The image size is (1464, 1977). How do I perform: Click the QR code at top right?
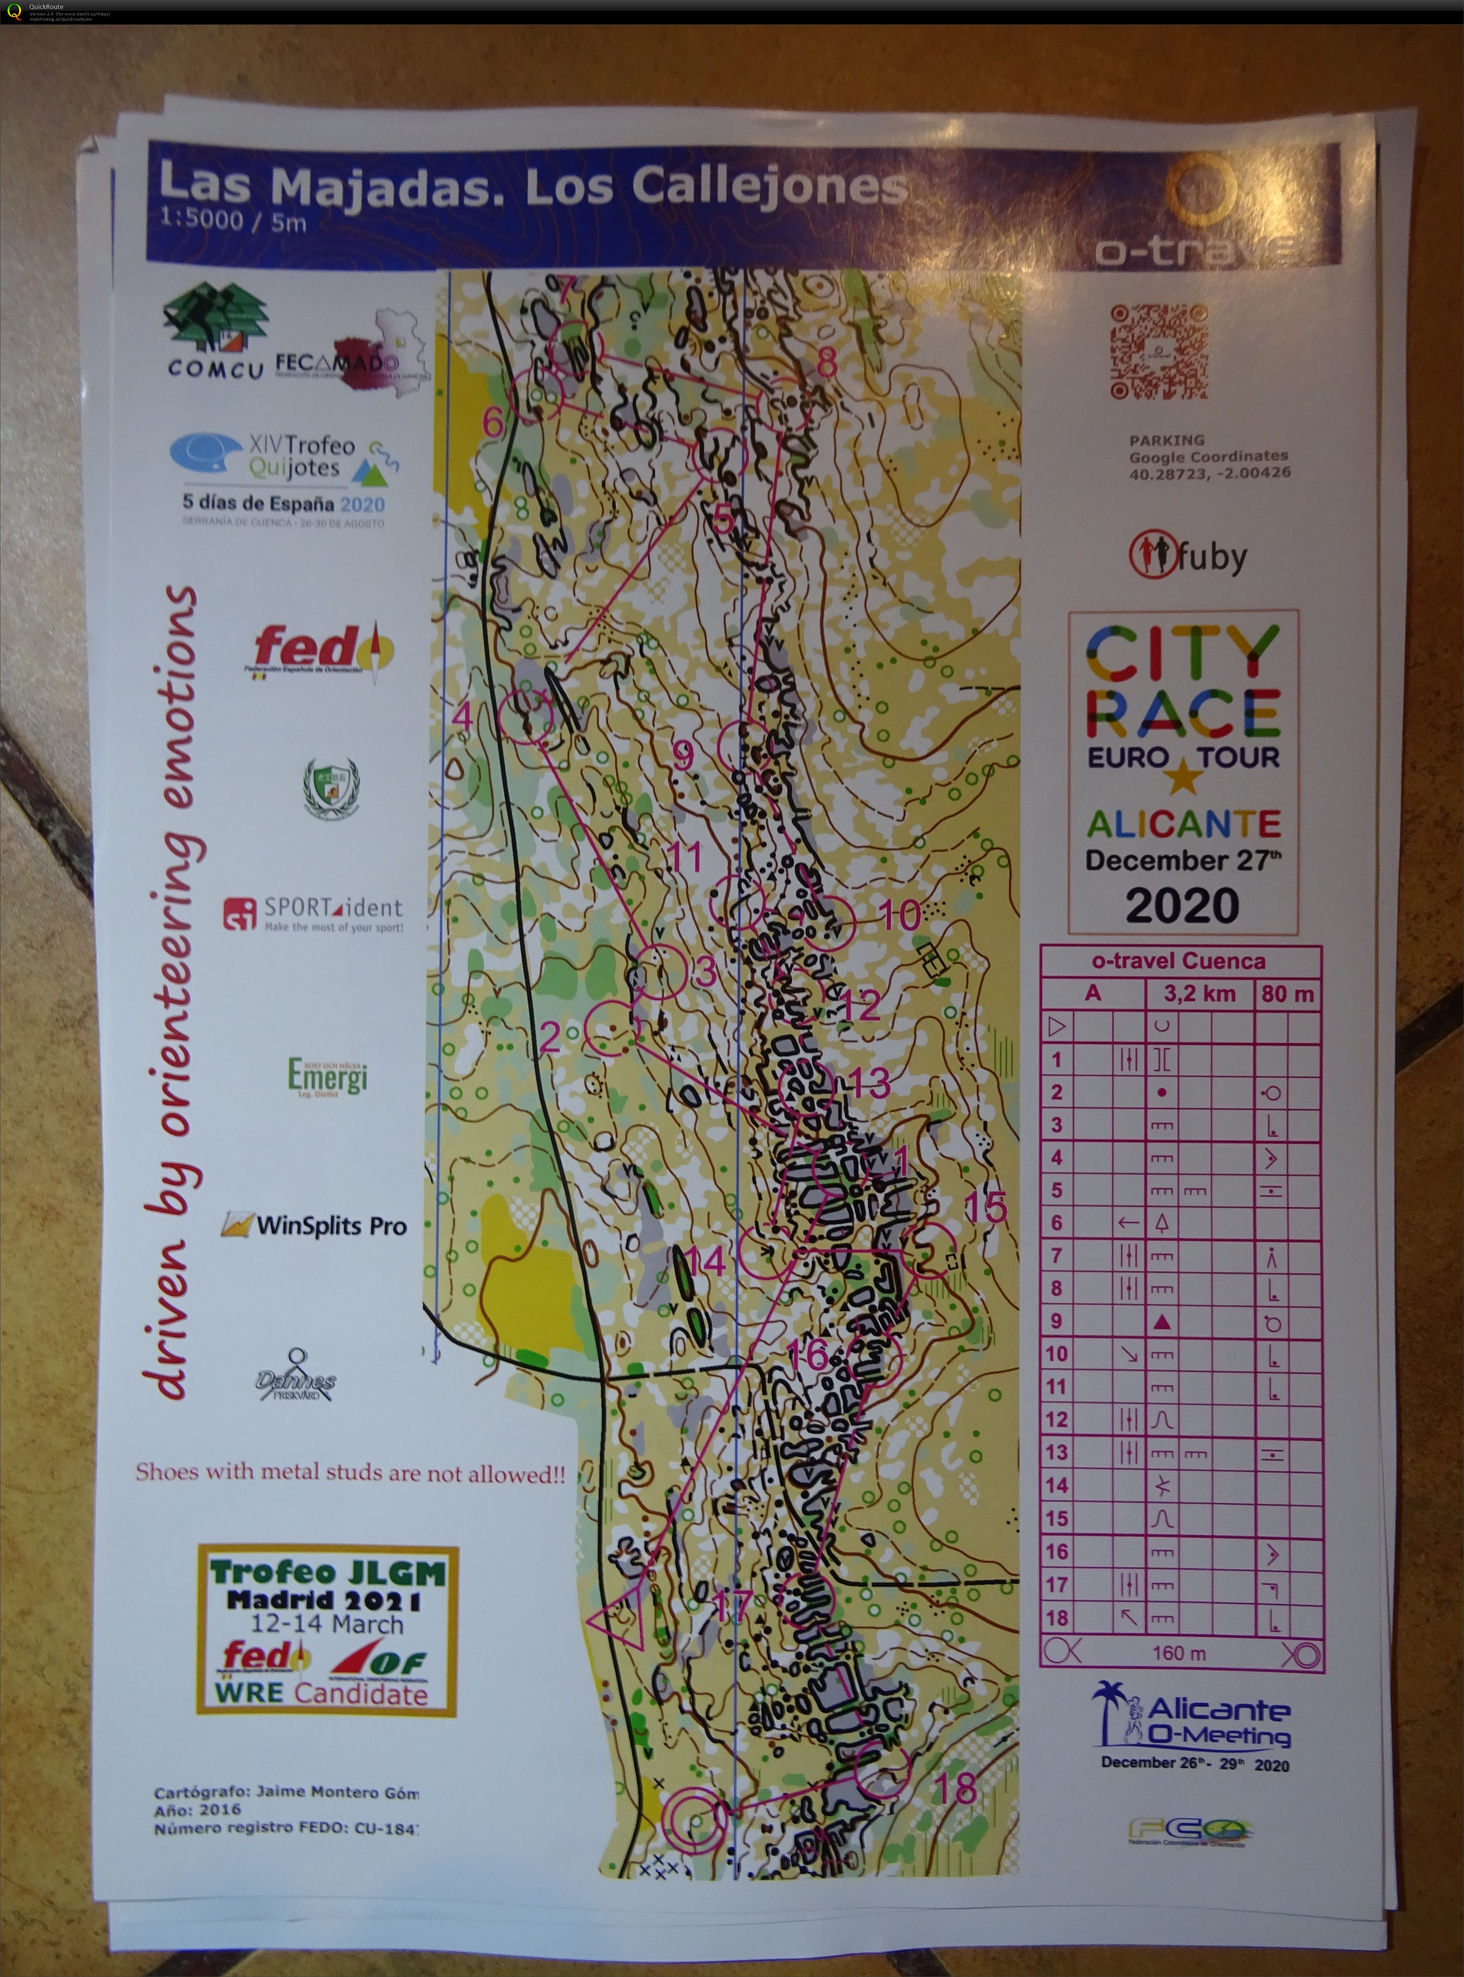(1158, 352)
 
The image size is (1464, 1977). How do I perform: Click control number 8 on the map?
(826, 363)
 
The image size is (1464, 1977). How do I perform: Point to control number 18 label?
(957, 1787)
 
